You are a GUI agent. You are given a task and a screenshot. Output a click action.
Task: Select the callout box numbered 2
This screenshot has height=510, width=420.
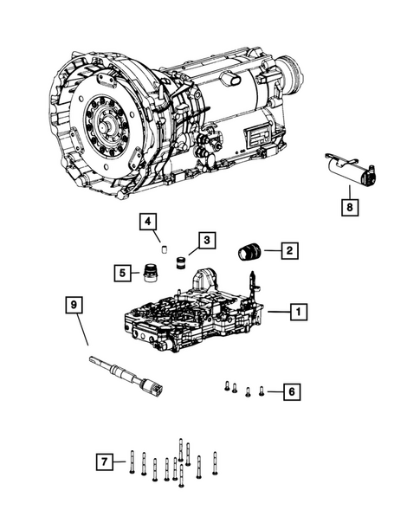tap(289, 251)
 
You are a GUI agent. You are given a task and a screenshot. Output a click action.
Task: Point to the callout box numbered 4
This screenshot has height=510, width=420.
tap(148, 222)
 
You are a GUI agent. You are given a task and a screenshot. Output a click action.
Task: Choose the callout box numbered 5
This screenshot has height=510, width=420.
tap(122, 274)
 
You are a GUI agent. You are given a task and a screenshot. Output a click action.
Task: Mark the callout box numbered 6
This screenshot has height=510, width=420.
tap(292, 392)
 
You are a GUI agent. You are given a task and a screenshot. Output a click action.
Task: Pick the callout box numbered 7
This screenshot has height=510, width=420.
tap(104, 463)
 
